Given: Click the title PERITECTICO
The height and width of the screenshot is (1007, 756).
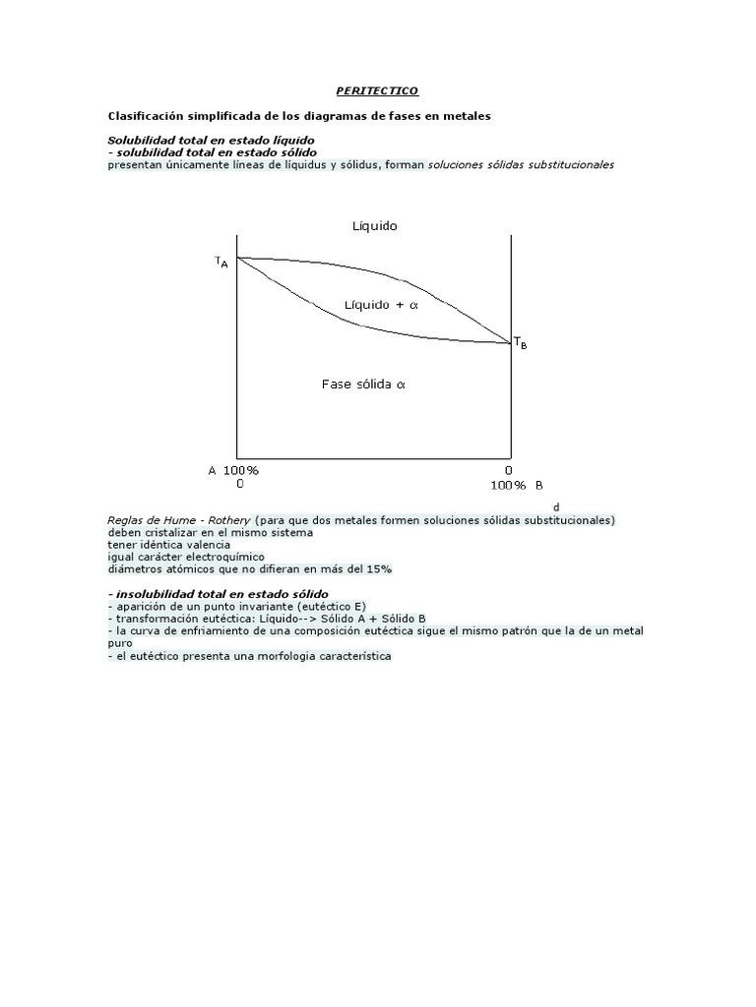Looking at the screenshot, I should pyautogui.click(x=377, y=90).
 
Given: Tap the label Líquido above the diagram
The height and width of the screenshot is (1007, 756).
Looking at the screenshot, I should pyautogui.click(x=375, y=226).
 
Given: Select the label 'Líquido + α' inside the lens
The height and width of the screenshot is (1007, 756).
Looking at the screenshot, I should pyautogui.click(x=382, y=305).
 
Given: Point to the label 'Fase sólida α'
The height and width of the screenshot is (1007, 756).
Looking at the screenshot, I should pyautogui.click(x=363, y=385).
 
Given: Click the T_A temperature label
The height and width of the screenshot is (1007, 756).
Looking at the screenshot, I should pyautogui.click(x=221, y=263).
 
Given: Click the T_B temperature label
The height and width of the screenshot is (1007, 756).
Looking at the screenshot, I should pyautogui.click(x=520, y=343).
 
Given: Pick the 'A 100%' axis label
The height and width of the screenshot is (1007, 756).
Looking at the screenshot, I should pyautogui.click(x=233, y=470).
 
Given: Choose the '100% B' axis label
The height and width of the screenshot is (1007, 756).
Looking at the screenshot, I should pyautogui.click(x=517, y=485).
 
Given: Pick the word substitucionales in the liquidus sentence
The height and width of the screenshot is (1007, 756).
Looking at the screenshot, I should pyautogui.click(x=565, y=165).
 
